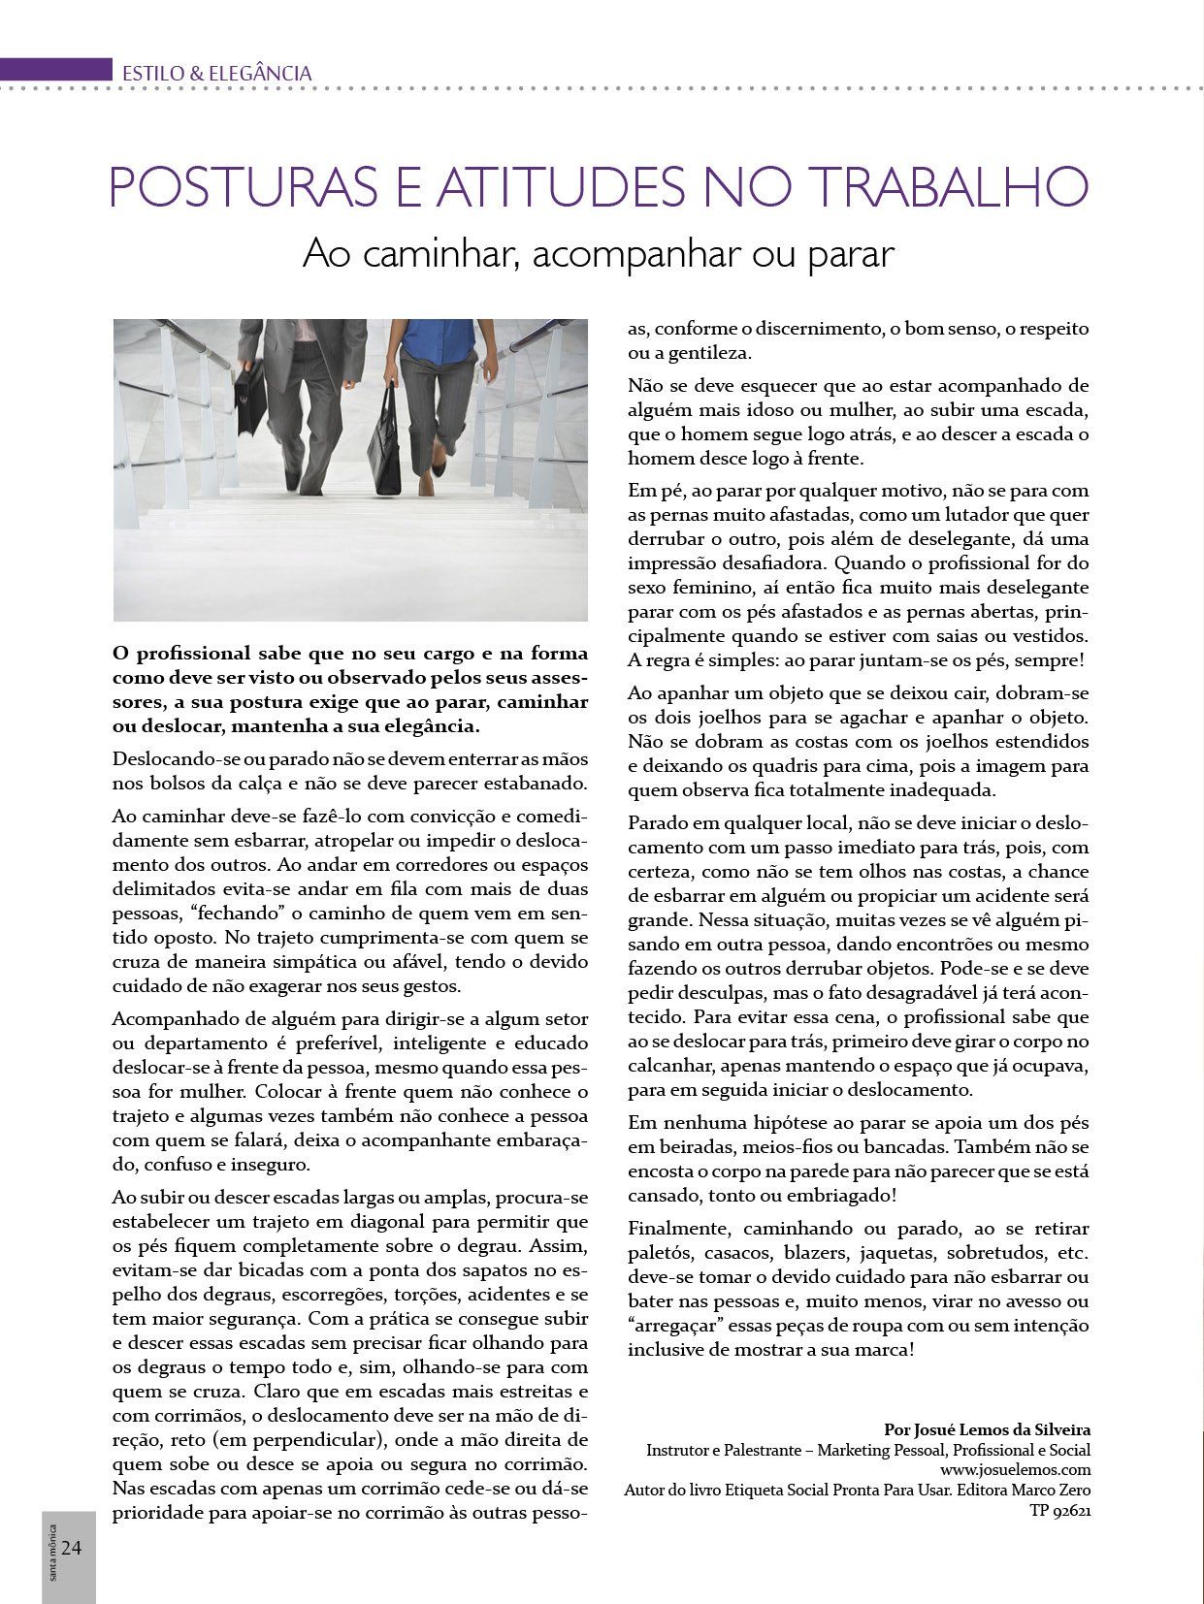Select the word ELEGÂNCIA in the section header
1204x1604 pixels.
(261, 73)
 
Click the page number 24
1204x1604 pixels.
(71, 1547)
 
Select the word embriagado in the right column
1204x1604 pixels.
(836, 1195)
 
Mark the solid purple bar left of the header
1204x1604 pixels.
(56, 70)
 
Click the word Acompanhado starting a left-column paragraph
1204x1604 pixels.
(166, 1018)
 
